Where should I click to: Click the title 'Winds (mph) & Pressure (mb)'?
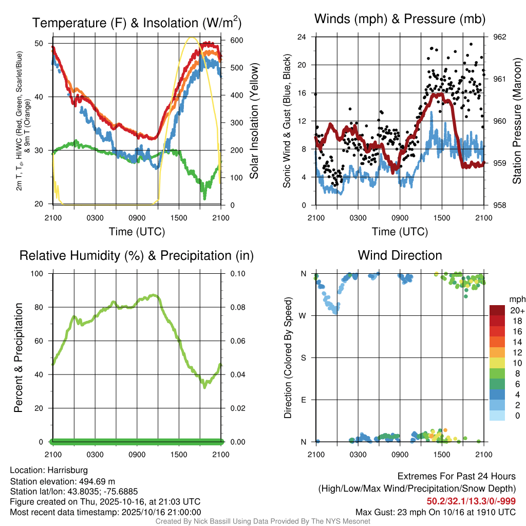[400, 20]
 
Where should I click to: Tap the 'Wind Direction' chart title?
[400, 255]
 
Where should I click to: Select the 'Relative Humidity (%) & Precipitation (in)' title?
[136, 255]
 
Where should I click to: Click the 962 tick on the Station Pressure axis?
[499, 37]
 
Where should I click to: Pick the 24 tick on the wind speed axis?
[302, 37]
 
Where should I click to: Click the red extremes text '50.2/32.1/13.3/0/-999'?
[471, 501]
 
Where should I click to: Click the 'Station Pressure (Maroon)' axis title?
[517, 121]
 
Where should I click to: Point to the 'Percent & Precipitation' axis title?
[18, 358]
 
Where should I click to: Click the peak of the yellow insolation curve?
[192, 37]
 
